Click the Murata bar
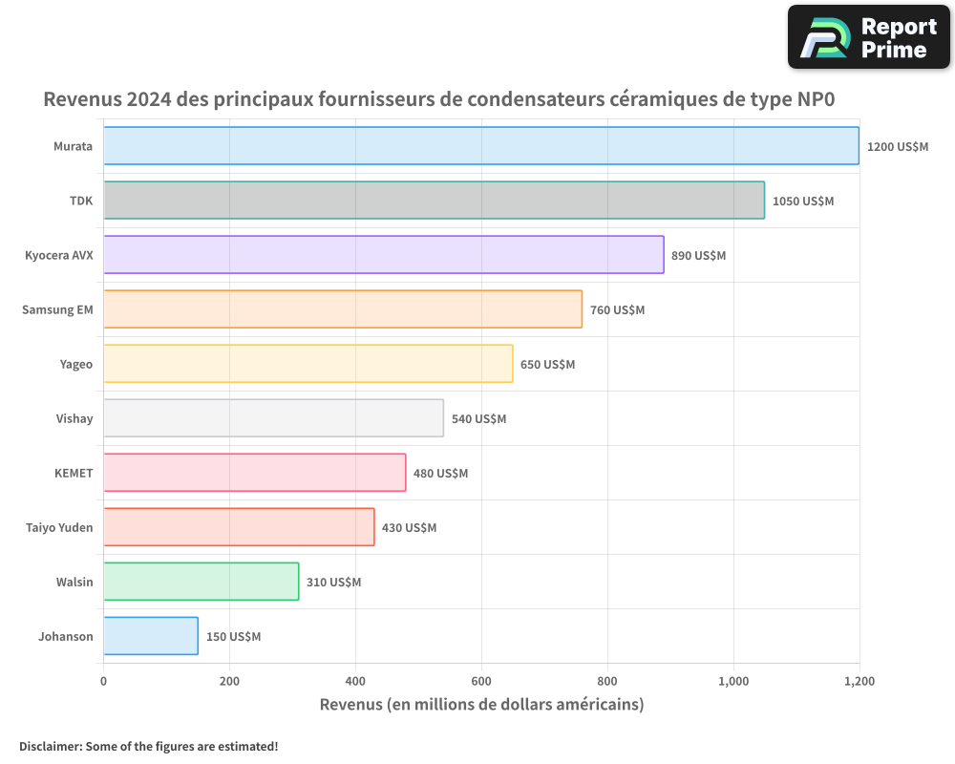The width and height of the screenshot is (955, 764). (480, 146)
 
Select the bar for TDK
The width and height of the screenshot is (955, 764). (434, 201)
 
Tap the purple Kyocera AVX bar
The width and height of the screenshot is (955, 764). (383, 255)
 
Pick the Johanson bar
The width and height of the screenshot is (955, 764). (151, 636)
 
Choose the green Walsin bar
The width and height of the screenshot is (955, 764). (201, 582)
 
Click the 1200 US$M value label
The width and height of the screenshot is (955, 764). (898, 147)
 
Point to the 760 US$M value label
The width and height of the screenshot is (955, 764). (617, 310)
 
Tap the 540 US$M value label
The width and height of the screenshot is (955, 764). (478, 419)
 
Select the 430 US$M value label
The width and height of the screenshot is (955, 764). (409, 528)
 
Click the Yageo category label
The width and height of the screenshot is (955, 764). (75, 364)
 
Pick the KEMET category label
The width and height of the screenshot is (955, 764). (74, 473)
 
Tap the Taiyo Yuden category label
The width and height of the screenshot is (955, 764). (59, 527)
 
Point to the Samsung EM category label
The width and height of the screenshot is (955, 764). (57, 309)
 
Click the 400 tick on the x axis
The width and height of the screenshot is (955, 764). (355, 682)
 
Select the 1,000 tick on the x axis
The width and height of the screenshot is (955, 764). (733, 682)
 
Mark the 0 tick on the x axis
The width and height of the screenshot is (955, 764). (103, 682)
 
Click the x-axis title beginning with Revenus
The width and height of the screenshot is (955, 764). (481, 705)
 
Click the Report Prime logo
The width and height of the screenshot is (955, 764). (868, 37)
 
